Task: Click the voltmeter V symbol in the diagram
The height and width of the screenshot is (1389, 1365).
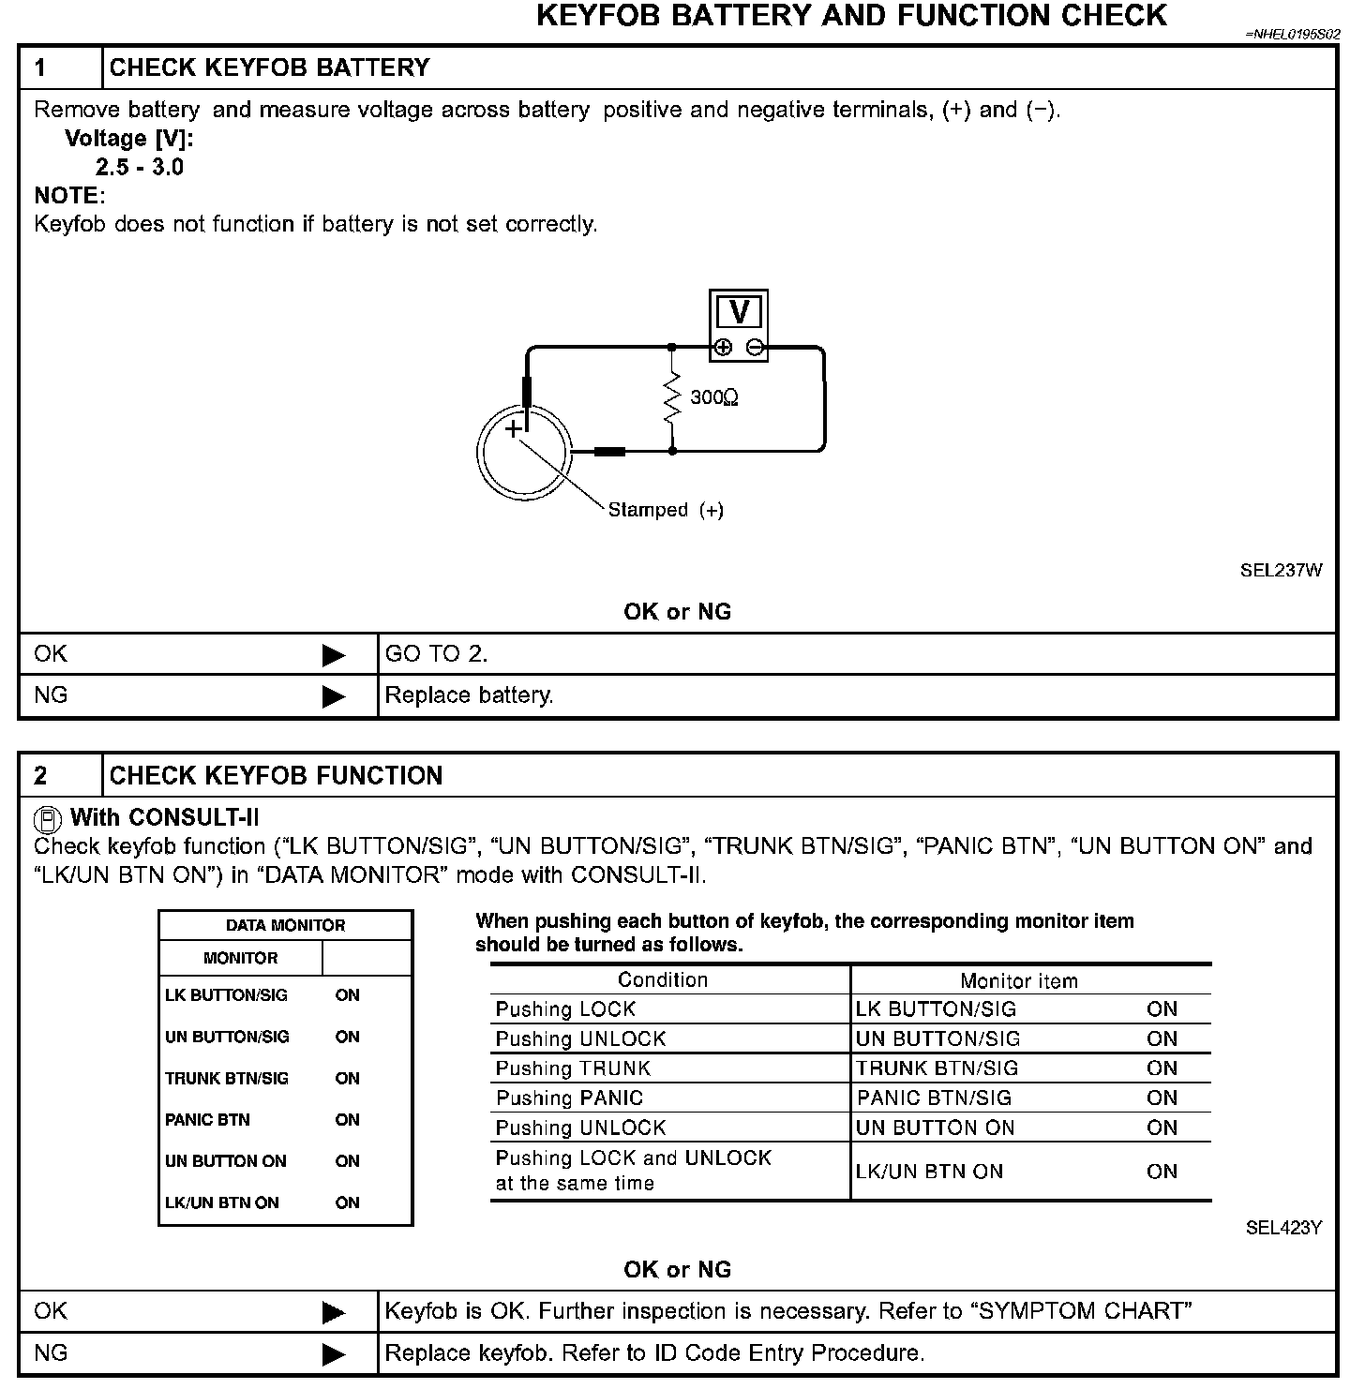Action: click(739, 312)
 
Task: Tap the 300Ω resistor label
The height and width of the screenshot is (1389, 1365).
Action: click(714, 397)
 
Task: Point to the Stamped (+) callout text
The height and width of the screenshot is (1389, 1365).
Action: click(666, 510)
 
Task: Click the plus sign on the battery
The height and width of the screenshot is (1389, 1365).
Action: click(513, 429)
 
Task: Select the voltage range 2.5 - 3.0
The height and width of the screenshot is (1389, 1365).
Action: click(140, 168)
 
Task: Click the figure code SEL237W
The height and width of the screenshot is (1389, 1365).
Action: click(1281, 570)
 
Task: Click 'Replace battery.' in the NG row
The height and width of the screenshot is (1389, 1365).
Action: click(470, 695)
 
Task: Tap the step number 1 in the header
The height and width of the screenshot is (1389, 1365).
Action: click(41, 67)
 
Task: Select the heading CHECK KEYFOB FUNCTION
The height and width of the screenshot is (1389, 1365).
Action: click(276, 776)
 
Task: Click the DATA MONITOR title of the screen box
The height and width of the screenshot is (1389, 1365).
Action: click(285, 925)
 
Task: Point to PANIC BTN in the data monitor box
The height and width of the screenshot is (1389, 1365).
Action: click(207, 1120)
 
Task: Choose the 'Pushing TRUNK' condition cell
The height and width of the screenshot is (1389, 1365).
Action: click(573, 1068)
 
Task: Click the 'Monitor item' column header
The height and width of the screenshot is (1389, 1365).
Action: click(1019, 981)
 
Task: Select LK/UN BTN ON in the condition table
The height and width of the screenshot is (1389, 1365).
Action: click(929, 1172)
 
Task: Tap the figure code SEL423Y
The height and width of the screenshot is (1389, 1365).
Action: click(1283, 1228)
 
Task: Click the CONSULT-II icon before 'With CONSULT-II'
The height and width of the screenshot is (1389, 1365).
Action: click(47, 819)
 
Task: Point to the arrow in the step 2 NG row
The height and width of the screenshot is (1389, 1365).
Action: click(334, 1354)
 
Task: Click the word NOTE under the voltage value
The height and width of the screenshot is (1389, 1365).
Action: click(67, 196)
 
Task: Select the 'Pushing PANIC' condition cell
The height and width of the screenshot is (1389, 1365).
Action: click(569, 1098)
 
